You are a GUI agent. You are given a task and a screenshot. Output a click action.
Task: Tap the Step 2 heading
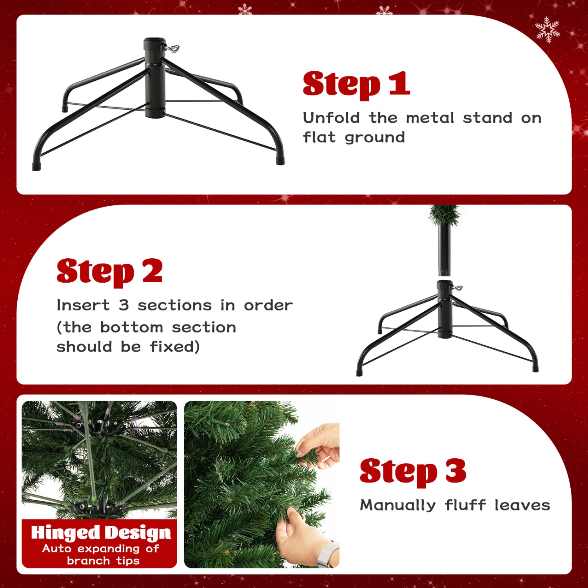pyautogui.click(x=109, y=272)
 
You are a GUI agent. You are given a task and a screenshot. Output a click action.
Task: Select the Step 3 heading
pyautogui.click(x=413, y=472)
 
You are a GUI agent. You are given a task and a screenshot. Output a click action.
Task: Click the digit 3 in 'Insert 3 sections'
pyautogui.click(x=124, y=305)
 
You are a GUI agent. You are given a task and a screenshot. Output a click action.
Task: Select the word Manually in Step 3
pyautogui.click(x=397, y=505)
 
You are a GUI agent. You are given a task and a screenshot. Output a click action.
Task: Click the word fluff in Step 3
pyautogui.click(x=465, y=505)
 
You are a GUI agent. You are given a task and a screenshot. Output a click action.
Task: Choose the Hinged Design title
pyautogui.click(x=101, y=533)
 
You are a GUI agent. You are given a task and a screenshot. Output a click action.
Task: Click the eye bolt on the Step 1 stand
pyautogui.click(x=172, y=49)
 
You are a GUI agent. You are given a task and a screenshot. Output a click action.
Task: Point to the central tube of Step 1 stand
pyautogui.click(x=155, y=78)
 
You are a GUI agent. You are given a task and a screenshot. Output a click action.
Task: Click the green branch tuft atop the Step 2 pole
pyautogui.click(x=444, y=214)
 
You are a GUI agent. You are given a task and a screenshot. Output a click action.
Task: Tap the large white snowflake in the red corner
pyautogui.click(x=548, y=29)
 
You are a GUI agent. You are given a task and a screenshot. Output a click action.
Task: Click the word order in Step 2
pyautogui.click(x=268, y=305)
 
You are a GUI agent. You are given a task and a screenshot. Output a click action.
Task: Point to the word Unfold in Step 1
pyautogui.click(x=331, y=118)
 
